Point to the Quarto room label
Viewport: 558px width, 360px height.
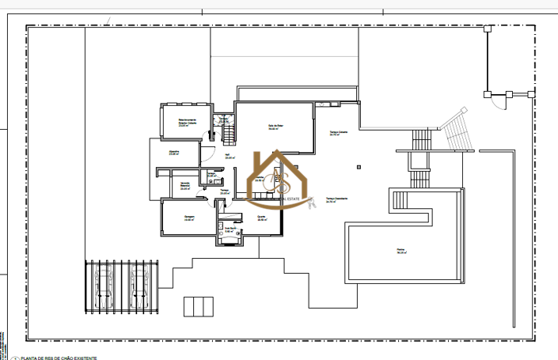pos(261,219)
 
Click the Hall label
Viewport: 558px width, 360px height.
pos(228,157)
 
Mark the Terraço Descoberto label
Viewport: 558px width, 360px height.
pos(337,200)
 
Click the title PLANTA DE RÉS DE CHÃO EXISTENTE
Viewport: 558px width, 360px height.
pos(59,358)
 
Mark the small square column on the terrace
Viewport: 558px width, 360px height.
pos(359,166)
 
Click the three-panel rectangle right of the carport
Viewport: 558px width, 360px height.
pos(198,306)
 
